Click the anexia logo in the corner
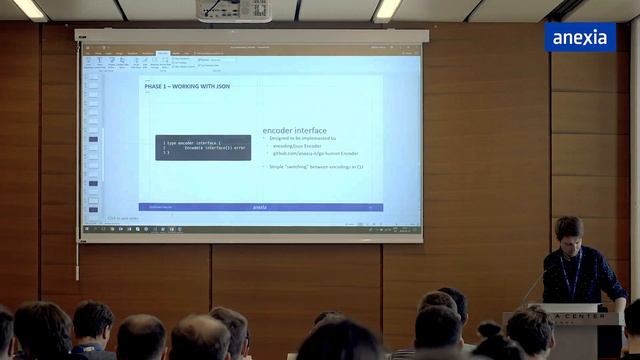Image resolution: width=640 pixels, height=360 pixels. (x=580, y=37)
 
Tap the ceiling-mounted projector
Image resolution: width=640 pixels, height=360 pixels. (x=234, y=10)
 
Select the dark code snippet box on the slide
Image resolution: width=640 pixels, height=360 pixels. (x=203, y=148)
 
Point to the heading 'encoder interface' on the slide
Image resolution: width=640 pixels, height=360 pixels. (x=294, y=130)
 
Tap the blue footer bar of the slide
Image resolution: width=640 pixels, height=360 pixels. (x=260, y=207)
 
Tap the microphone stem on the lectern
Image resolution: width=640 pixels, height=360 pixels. (x=535, y=284)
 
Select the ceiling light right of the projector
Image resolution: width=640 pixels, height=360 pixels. (x=387, y=8)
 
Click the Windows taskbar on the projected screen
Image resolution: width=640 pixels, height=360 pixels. (x=250, y=228)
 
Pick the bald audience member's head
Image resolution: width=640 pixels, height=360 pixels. (x=142, y=336)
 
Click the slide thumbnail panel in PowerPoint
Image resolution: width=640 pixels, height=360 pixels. (x=93, y=145)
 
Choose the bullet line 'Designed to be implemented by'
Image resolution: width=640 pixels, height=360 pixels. (x=304, y=139)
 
